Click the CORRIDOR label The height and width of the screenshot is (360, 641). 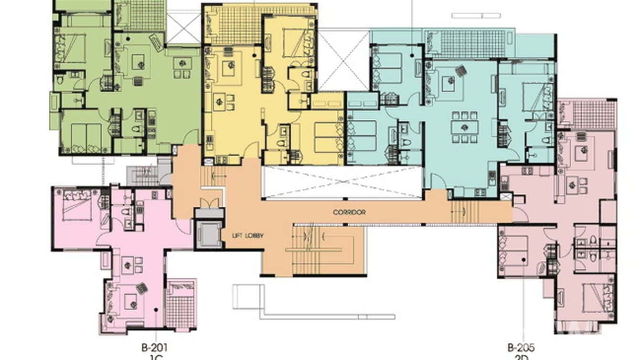[x=350, y=212]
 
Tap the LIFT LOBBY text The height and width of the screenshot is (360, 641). [x=247, y=235]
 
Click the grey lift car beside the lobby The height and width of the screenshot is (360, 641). [x=209, y=234]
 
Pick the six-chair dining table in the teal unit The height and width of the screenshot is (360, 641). [x=465, y=127]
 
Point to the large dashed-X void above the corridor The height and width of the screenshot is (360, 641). [x=342, y=182]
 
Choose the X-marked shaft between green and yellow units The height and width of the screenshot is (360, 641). [x=183, y=28]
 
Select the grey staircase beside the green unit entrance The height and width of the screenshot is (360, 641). [x=143, y=175]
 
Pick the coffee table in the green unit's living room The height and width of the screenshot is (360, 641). [x=139, y=61]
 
